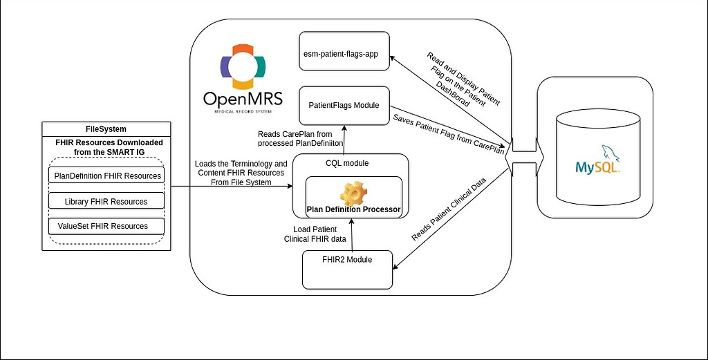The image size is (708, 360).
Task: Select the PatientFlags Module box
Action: (344, 106)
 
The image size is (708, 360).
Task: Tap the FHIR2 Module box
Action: (348, 269)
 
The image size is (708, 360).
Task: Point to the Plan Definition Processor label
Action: (353, 209)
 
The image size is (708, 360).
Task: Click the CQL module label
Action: (346, 164)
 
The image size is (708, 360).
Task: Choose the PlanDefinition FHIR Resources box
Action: (107, 176)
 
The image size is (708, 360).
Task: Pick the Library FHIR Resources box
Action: (107, 201)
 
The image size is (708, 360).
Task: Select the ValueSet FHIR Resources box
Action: (107, 226)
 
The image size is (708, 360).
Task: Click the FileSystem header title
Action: (106, 129)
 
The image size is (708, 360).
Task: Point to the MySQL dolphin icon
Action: (609, 153)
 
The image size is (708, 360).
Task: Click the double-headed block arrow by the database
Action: (525, 151)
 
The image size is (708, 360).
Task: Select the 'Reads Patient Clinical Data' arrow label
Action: (449, 208)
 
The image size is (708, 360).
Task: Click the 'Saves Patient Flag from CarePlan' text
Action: (448, 131)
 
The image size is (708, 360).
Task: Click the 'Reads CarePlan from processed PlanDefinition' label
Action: (299, 138)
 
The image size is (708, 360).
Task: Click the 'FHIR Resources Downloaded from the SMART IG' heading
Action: (109, 146)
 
